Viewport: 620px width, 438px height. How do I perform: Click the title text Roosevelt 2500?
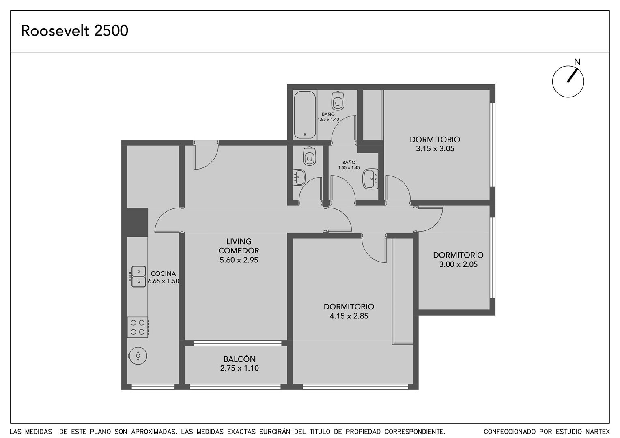75,31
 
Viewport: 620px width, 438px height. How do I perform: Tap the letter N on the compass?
577,62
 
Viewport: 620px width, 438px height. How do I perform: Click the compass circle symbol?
568,82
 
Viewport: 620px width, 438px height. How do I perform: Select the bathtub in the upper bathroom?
305,115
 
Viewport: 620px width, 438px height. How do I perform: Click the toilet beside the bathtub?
338,101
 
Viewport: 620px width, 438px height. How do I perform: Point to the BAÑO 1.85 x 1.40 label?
328,117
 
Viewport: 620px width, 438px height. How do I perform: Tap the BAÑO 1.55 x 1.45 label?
349,165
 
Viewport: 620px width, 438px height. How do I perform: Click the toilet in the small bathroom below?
310,156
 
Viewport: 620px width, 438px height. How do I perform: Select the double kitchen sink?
138,277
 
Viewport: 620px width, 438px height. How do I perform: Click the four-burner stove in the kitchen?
138,327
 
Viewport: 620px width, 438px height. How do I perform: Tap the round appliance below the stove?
138,356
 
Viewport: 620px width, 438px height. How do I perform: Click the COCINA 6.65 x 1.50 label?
163,277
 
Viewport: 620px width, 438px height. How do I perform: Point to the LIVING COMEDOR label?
239,246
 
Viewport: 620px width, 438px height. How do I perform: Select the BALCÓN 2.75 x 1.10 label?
239,363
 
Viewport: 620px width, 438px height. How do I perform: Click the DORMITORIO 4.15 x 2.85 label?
349,311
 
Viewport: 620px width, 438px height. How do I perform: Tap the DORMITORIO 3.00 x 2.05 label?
459,260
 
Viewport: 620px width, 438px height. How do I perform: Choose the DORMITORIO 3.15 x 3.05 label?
435,144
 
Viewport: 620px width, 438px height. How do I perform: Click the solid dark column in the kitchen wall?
135,223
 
